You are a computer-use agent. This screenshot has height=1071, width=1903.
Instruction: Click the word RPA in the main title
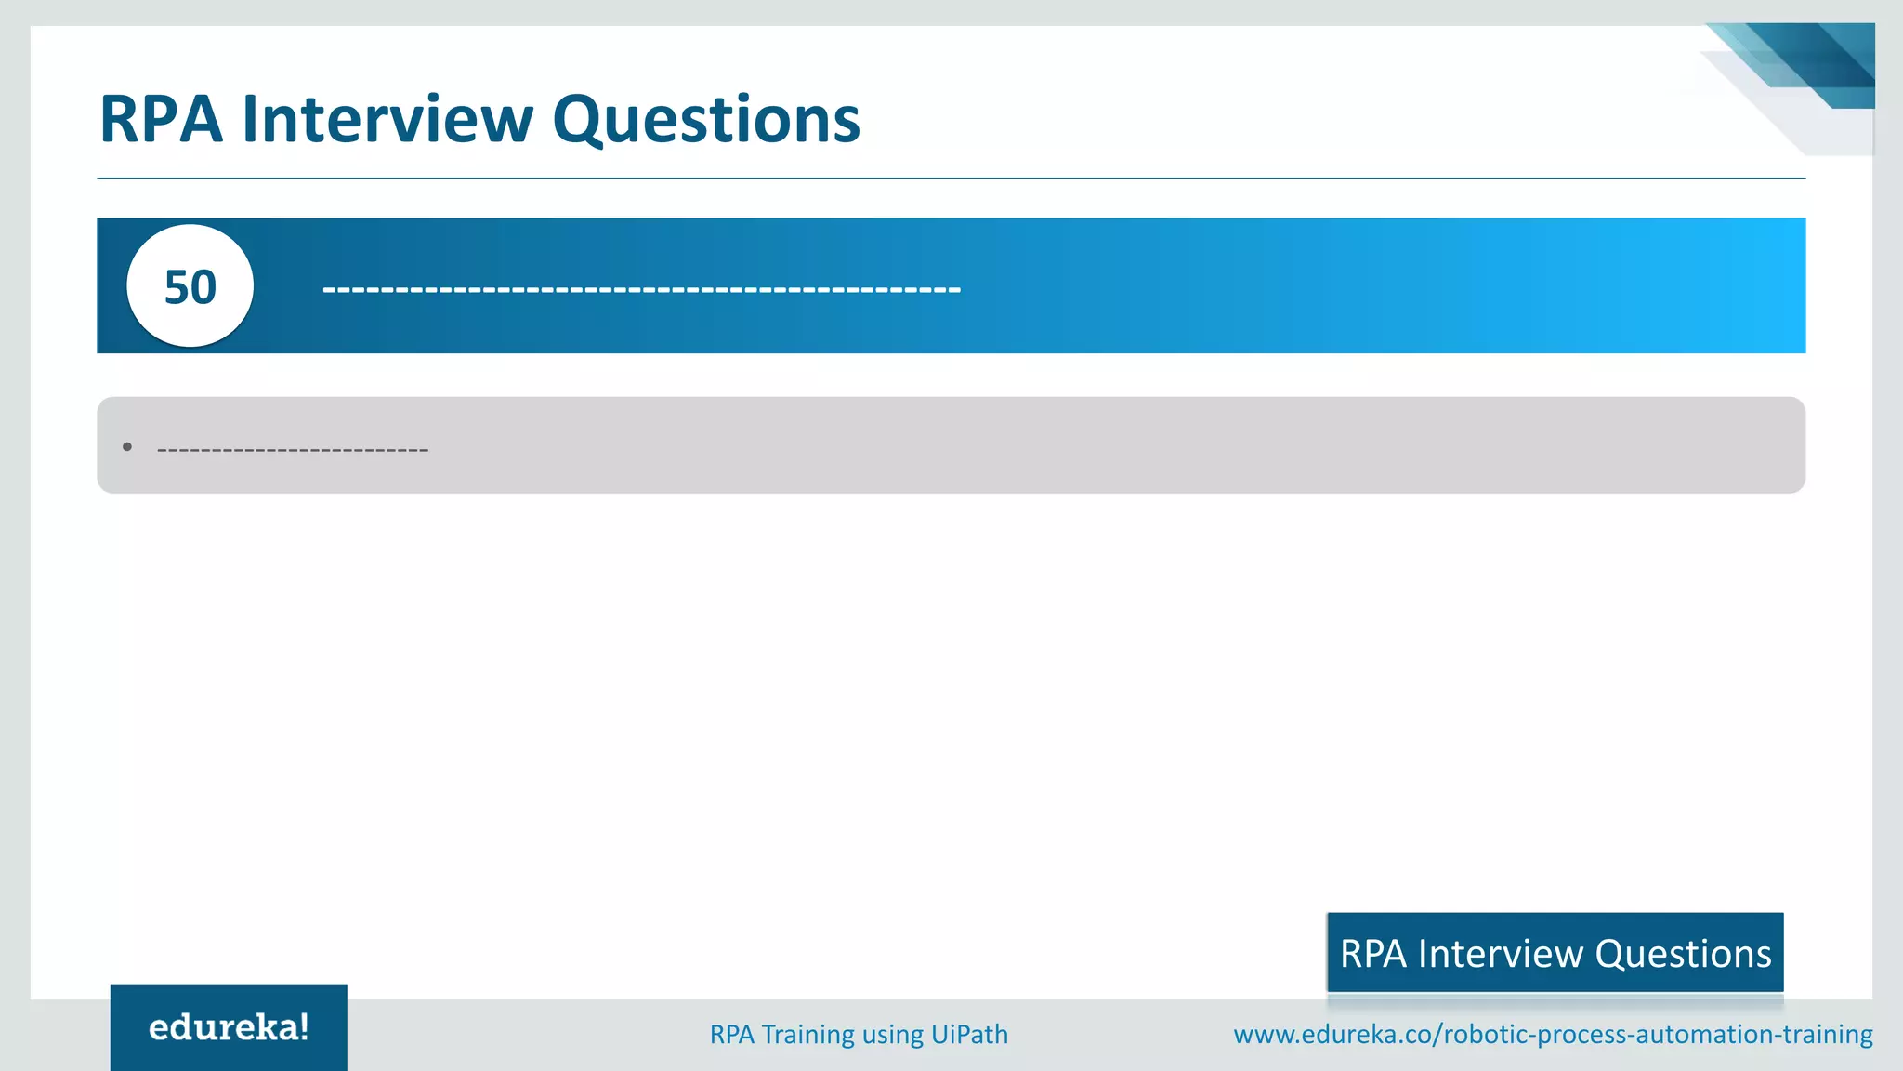point(161,119)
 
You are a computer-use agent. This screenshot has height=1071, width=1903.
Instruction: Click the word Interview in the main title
point(387,119)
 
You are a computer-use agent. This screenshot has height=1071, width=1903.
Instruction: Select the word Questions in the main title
point(706,121)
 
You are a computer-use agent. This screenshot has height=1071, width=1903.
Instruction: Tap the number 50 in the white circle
point(190,286)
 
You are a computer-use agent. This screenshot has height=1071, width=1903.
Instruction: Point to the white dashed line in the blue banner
point(641,290)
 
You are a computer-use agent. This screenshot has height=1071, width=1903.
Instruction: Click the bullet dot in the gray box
point(127,447)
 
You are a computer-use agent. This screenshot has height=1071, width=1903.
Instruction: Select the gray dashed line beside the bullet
point(293,451)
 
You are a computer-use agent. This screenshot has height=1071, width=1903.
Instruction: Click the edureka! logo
point(229,1027)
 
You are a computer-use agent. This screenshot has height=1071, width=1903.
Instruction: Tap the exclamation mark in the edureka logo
point(304,1025)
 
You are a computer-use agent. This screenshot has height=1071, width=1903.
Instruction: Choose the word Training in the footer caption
point(807,1034)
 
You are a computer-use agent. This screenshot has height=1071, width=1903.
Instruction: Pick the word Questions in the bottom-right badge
point(1683,954)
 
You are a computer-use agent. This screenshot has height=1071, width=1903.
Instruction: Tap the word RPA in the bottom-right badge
point(1373,954)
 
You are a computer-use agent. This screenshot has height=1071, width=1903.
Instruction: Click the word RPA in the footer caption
point(731,1034)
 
